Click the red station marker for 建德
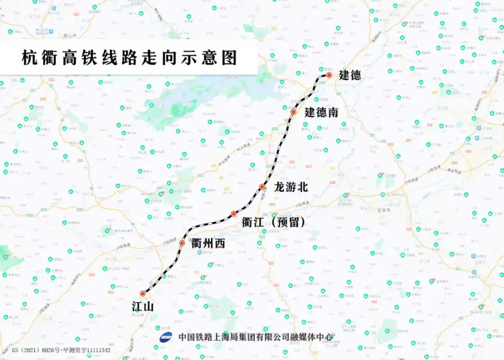pyautogui.click(x=329, y=75)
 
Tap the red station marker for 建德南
pyautogui.click(x=293, y=112)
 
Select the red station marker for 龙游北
pyautogui.click(x=262, y=187)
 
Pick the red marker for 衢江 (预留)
pyautogui.click(x=234, y=214)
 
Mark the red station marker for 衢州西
pyautogui.click(x=182, y=243)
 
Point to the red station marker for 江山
pyautogui.click(x=142, y=294)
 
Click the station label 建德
pyautogui.click(x=350, y=76)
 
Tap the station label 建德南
pyautogui.click(x=321, y=113)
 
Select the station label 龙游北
pyautogui.click(x=291, y=188)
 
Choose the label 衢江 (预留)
pyautogui.click(x=273, y=223)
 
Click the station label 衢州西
pyautogui.click(x=208, y=243)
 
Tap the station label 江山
pyautogui.click(x=143, y=307)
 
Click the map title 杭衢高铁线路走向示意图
pyautogui.click(x=129, y=58)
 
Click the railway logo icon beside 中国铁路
pyautogui.click(x=166, y=337)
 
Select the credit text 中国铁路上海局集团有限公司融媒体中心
pyautogui.click(x=256, y=337)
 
